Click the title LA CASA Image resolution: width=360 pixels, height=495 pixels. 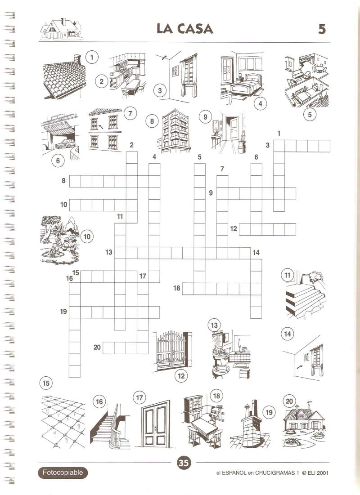coord(185,29)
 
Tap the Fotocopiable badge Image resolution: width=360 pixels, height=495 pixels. coord(63,473)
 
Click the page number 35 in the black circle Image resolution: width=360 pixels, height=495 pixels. coord(183,463)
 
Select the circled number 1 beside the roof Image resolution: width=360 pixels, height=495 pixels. coord(92,57)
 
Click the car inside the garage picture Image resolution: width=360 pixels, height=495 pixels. coord(64,143)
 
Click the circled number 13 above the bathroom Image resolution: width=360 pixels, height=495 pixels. coord(214,325)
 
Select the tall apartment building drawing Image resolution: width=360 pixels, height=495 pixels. coord(175,130)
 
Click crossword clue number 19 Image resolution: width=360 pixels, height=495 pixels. coord(63,312)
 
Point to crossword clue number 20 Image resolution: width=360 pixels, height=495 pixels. coord(97,347)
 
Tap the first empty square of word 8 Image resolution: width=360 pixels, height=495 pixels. coord(75,182)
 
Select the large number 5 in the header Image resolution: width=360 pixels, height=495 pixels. coord(322,29)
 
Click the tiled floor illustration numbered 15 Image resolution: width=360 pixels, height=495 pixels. coord(63,421)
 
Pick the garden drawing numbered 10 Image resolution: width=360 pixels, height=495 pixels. coord(60,240)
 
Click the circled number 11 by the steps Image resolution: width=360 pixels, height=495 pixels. coord(287,275)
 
